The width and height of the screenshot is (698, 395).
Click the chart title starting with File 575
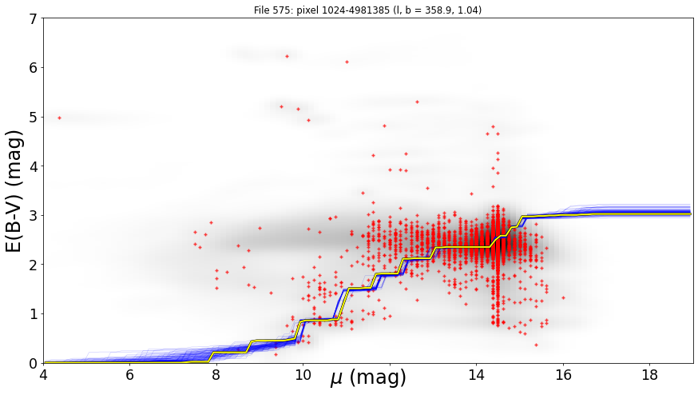tap(367, 10)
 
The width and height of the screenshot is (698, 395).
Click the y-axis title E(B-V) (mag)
tap(14, 191)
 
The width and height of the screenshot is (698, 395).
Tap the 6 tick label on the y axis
tap(34, 68)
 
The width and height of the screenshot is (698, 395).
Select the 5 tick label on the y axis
tap(34, 118)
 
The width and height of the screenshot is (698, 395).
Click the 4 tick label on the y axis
tap(34, 166)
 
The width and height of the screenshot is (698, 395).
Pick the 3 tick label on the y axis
tap(34, 216)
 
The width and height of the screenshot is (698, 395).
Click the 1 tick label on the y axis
tap(34, 314)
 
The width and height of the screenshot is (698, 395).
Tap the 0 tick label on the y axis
tap(34, 363)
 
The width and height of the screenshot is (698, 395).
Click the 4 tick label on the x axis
tap(43, 375)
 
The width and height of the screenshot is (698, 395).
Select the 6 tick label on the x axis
tap(130, 375)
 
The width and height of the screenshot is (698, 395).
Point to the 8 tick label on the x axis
tap(216, 375)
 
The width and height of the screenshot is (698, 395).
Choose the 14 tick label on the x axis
tap(476, 375)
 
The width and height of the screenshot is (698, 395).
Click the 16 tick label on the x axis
tap(563, 375)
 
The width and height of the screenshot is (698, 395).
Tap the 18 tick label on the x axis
tap(650, 375)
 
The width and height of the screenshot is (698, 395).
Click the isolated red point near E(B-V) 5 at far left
tap(59, 118)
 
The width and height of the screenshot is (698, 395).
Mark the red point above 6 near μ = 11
tap(347, 62)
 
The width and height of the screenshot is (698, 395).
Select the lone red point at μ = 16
tap(563, 297)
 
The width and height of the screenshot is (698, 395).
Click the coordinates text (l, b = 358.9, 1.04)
tap(437, 10)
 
